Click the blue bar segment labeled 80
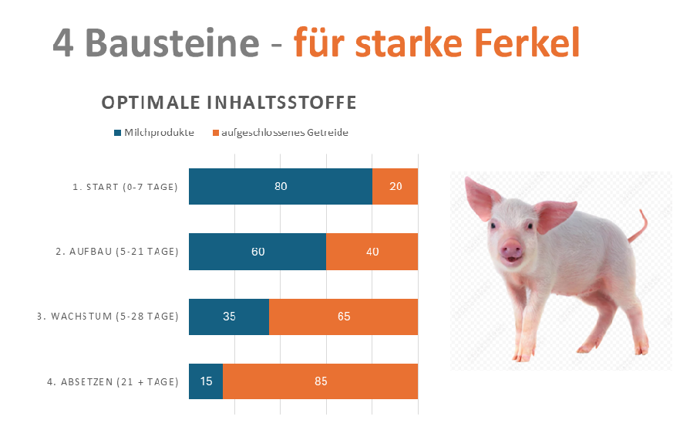281,186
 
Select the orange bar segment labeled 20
395,186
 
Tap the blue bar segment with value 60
258,252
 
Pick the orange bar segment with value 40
372,252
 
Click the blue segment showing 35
229,317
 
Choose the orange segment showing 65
343,317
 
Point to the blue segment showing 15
206,381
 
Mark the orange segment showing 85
320,381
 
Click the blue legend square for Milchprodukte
118,133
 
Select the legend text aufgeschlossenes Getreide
284,133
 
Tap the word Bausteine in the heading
173,42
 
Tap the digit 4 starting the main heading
66,42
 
